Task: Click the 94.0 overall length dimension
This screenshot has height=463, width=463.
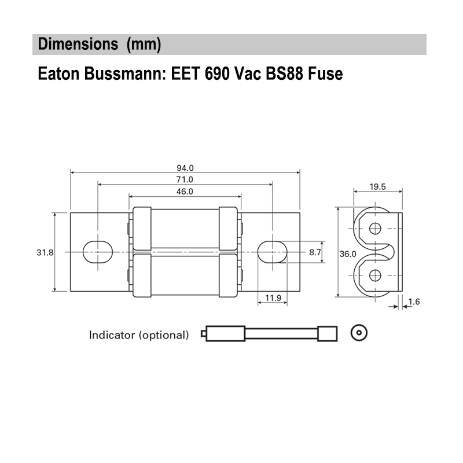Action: tap(185, 168)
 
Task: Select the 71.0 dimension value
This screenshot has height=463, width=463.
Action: tap(185, 179)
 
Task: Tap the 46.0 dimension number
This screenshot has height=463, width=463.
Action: tap(185, 192)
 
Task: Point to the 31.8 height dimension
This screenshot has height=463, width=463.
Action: tap(45, 252)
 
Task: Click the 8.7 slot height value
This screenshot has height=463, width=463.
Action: tap(315, 252)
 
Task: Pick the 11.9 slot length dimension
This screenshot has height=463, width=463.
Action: tap(273, 298)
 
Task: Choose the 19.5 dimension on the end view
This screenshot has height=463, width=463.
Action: tap(378, 186)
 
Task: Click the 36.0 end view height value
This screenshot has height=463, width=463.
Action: tap(348, 254)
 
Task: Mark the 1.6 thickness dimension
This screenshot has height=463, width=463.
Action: tap(414, 302)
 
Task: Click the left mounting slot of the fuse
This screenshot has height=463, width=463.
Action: tap(98, 252)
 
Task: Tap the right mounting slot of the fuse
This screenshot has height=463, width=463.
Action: tap(272, 252)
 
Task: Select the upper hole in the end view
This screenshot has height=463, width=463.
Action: tap(375, 228)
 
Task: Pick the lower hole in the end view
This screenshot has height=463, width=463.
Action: tap(375, 275)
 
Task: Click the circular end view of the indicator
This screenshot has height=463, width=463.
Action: tap(359, 333)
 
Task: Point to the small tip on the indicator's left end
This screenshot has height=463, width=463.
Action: tap(204, 334)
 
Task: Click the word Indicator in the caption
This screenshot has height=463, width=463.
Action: tap(112, 335)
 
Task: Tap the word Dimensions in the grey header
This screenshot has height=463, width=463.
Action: tap(78, 44)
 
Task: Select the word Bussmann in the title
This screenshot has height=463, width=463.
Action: tap(123, 74)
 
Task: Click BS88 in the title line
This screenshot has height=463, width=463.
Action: tap(284, 74)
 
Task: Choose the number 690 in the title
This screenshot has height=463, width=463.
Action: tap(217, 74)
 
